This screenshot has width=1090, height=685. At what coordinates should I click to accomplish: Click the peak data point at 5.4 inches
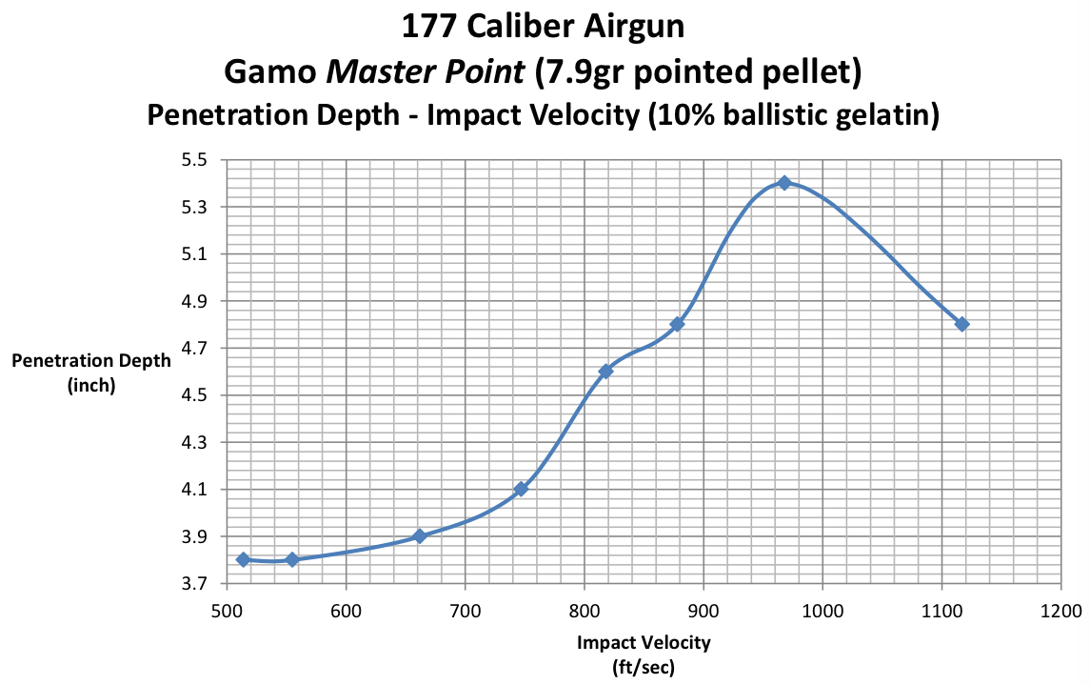pos(784,182)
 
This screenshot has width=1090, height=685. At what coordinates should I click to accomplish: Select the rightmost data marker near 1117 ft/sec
pos(961,324)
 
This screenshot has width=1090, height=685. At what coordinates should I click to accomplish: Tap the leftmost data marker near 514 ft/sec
pos(243,559)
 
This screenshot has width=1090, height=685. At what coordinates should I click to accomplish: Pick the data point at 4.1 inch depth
pos(521,489)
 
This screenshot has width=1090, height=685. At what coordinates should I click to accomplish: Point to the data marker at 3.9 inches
pos(419,536)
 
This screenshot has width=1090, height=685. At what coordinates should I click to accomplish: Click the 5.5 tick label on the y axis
pos(195,160)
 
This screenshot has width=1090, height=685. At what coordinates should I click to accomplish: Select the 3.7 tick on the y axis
pos(195,584)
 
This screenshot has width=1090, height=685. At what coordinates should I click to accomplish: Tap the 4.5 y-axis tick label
pos(195,395)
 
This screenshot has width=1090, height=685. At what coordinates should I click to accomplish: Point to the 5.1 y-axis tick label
pos(195,254)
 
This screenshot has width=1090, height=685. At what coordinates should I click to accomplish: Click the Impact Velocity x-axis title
pos(644,643)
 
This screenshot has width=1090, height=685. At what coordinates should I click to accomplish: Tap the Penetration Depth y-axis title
pos(91,360)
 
